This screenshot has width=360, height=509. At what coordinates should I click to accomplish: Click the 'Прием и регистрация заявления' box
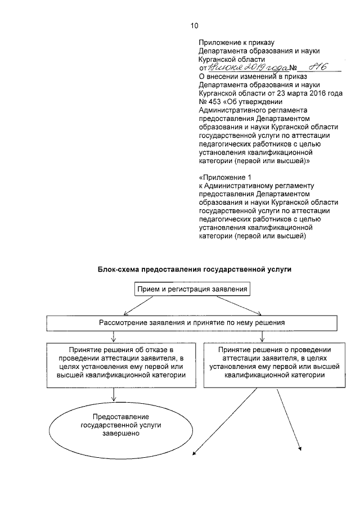[191, 290]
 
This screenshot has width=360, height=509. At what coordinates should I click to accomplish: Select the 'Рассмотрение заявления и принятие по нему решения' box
[191, 323]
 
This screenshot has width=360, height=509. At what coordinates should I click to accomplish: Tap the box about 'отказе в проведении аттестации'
[115, 364]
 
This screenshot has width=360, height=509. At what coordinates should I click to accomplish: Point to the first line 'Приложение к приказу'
[236, 42]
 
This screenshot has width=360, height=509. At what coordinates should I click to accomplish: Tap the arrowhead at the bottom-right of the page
[300, 449]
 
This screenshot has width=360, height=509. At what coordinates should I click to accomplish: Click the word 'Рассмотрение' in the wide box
[121, 323]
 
